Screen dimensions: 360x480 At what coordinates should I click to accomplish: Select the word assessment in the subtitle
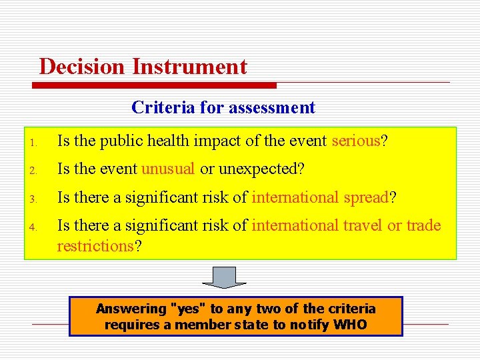pos(271,107)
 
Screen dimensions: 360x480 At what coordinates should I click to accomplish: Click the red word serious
pos(355,141)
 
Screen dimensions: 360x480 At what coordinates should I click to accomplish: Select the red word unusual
pos(168,169)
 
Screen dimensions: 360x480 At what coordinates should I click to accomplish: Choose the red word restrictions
pos(95,246)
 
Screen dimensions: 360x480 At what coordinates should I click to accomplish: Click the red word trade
pos(423,225)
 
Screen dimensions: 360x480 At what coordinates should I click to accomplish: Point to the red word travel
pos(363,225)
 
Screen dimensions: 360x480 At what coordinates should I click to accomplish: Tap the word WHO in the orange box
pos(350,325)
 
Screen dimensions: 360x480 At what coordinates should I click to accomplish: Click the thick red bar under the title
pos(154,85)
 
